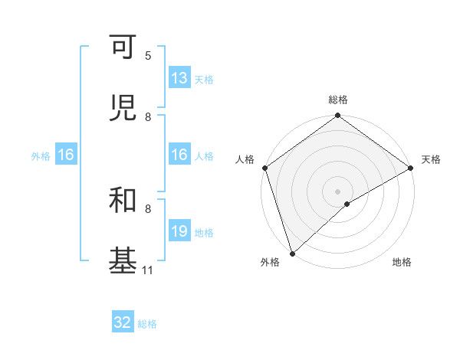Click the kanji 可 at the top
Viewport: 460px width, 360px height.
[123, 47]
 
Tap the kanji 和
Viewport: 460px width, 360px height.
[123, 201]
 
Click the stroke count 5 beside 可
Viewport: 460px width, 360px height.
[148, 56]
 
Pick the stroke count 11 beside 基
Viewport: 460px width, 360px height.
[148, 270]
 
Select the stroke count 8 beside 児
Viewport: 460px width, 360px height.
[148, 117]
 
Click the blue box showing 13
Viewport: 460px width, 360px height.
[179, 78]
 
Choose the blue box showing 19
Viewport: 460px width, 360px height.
[179, 231]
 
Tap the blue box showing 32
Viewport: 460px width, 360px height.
[123, 322]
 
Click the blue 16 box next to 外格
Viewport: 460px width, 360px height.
[66, 155]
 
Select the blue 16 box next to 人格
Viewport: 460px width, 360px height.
[179, 155]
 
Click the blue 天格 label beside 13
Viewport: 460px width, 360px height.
[204, 80]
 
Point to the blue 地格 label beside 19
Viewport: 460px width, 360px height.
[204, 233]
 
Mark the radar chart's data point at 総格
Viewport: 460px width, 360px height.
[338, 116]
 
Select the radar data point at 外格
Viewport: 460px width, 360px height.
[292, 254]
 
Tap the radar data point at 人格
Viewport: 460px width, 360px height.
[264, 168]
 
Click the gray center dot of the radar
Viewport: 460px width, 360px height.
[338, 191]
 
